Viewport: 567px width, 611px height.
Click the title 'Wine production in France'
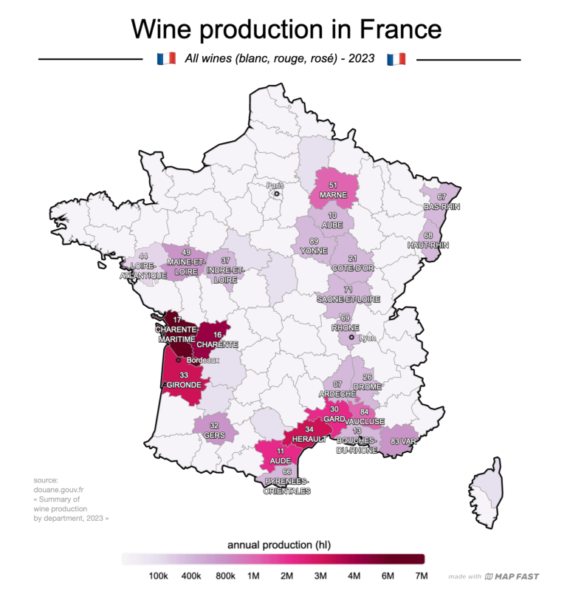pyautogui.click(x=286, y=29)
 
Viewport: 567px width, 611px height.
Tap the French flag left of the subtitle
pyautogui.click(x=166, y=58)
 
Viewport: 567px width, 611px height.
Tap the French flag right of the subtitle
pyautogui.click(x=396, y=58)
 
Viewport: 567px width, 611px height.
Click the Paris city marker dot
pyautogui.click(x=276, y=195)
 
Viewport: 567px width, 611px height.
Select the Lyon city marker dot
pyautogui.click(x=352, y=337)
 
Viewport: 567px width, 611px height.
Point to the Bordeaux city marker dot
pyautogui.click(x=179, y=360)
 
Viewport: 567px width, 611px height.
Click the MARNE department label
pyautogui.click(x=333, y=195)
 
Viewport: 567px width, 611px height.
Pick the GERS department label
pyautogui.click(x=215, y=435)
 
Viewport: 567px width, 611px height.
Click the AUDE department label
pyautogui.click(x=280, y=460)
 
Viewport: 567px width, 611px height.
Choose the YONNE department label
pyautogui.click(x=314, y=250)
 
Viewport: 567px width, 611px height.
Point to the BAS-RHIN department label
pyautogui.click(x=441, y=207)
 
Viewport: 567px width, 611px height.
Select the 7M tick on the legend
pyautogui.click(x=421, y=576)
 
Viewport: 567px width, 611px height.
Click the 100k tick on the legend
pyautogui.click(x=158, y=576)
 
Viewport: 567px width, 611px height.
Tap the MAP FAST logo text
pyautogui.click(x=517, y=576)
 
